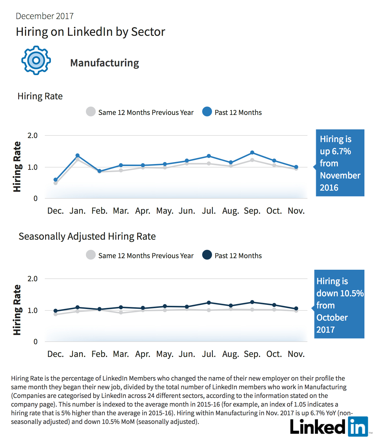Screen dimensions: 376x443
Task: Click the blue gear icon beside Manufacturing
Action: click(36, 60)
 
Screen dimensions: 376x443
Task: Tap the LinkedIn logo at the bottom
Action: click(329, 427)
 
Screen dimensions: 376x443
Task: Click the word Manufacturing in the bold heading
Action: click(104, 63)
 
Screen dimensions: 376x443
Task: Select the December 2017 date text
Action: click(45, 16)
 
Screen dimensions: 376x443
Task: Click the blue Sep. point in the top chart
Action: click(252, 152)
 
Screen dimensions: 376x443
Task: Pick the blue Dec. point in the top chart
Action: click(56, 180)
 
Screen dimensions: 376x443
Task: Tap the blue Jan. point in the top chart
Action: click(78, 155)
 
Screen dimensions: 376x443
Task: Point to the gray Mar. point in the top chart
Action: click(121, 171)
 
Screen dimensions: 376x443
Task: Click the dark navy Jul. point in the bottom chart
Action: click(209, 303)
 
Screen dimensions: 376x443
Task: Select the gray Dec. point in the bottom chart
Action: click(56, 314)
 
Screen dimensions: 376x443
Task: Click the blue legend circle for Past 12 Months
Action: click(207, 112)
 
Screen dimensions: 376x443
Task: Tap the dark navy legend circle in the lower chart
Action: click(207, 255)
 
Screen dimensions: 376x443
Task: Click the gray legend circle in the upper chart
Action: click(91, 112)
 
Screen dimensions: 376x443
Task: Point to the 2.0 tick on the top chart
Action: click(32, 135)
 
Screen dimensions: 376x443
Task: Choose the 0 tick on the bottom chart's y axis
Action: click(35, 342)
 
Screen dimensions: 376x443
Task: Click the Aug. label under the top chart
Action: click(231, 211)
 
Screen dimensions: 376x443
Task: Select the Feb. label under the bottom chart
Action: click(99, 354)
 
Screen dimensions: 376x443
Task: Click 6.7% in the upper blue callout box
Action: click(342, 151)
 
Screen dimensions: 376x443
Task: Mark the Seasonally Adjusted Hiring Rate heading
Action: click(87, 237)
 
